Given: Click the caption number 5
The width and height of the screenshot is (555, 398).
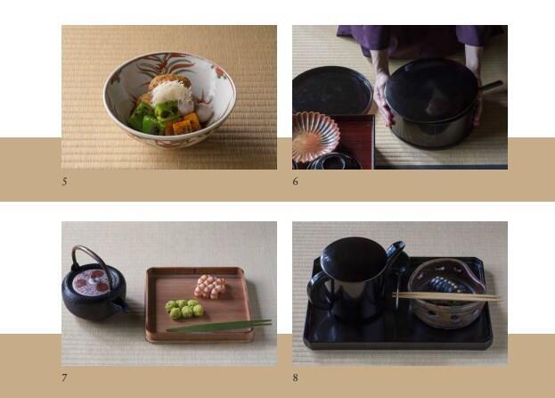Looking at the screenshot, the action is click(64, 181).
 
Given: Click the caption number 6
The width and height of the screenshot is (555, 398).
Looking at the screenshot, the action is click(295, 181).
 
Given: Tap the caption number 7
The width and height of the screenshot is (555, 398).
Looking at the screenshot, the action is click(64, 377).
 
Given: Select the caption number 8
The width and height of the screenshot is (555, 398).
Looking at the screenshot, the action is click(295, 377).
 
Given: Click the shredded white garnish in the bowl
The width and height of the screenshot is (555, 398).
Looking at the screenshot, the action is click(172, 92).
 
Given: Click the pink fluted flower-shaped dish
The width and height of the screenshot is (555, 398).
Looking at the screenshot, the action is click(315, 137).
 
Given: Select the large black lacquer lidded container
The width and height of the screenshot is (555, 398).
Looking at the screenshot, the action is click(432, 103).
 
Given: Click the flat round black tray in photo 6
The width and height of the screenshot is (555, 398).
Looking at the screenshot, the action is click(332, 90).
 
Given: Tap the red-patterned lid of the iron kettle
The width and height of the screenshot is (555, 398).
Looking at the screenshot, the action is click(91, 281).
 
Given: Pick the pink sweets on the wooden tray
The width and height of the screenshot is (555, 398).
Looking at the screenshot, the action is click(210, 286).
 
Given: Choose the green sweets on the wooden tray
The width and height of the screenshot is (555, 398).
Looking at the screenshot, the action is click(184, 309).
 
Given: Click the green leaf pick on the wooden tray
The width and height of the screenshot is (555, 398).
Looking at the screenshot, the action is click(219, 326).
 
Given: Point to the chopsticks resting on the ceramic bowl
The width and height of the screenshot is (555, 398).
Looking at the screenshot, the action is click(446, 296).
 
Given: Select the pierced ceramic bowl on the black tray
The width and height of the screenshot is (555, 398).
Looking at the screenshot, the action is click(446, 294).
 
